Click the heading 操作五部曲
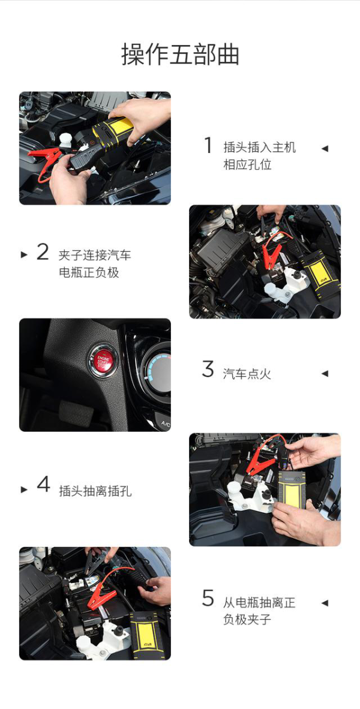(180, 55)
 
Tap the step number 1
(208, 145)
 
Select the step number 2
(43, 252)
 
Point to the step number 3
(208, 369)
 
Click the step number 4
(43, 484)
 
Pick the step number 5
(208, 598)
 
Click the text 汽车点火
(247, 374)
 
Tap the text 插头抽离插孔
(95, 491)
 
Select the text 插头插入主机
(259, 147)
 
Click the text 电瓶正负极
(89, 273)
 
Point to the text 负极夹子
(247, 619)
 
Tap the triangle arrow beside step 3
(325, 374)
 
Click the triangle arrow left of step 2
(24, 254)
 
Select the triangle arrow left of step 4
(24, 489)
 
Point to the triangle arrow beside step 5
(325, 603)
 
